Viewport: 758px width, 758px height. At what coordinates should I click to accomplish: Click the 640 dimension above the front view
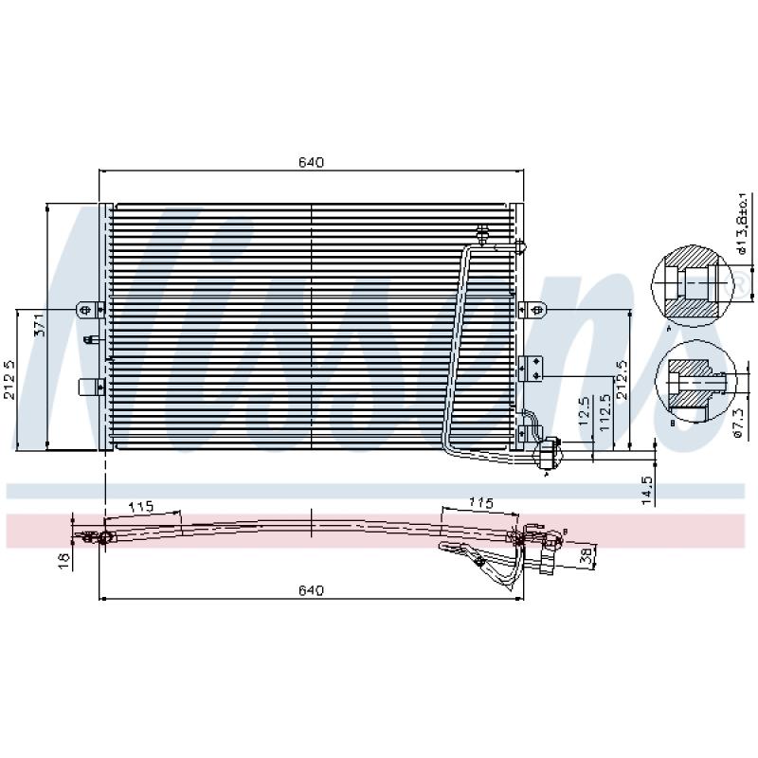pos(311,162)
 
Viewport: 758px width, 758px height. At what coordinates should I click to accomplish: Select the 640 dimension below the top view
pos(311,590)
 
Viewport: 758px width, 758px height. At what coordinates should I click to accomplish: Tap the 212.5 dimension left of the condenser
pos(9,379)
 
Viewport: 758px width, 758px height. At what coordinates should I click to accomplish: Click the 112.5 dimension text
pos(604,414)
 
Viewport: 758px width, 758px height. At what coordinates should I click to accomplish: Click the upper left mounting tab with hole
pos(88,309)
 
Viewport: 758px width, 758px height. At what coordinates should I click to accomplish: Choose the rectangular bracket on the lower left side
pos(89,386)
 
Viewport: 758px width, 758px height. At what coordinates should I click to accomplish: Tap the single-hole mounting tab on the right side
pos(532,309)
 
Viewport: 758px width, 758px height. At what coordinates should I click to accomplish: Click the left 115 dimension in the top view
pos(141,507)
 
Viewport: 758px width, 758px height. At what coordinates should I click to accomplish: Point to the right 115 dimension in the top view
pos(481,502)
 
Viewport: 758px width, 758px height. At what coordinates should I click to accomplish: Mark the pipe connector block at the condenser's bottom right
pos(547,453)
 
